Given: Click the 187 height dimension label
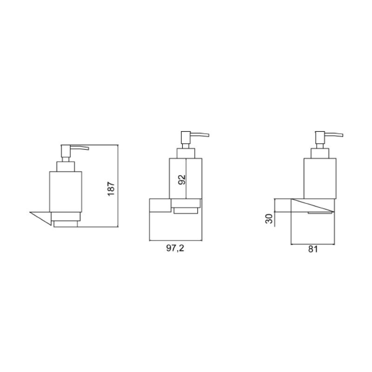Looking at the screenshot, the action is click(x=111, y=189).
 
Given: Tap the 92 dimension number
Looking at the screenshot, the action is click(x=181, y=180).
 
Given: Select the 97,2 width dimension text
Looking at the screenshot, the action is click(x=175, y=248).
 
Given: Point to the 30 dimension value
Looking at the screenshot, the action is click(x=269, y=219).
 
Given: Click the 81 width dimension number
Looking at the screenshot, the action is click(x=313, y=249).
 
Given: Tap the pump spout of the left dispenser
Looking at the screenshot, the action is click(x=80, y=148).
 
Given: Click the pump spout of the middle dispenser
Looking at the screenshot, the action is click(x=200, y=134).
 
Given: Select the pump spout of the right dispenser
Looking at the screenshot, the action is click(x=334, y=135).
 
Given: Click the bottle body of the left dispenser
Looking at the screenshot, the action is click(x=66, y=192).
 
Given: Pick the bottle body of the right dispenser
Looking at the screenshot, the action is click(x=320, y=179).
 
